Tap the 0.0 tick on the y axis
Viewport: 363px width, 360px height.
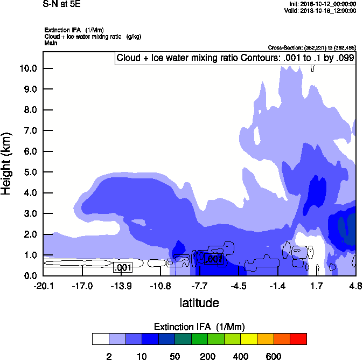click(28, 276)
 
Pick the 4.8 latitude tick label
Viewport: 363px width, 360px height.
click(355, 286)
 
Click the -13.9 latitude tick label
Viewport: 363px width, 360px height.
click(121, 286)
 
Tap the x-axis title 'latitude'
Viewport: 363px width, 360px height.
click(199, 303)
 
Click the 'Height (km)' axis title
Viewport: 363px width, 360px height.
click(7, 164)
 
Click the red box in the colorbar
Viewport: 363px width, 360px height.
click(298, 339)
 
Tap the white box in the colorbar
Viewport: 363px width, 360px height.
click(100, 339)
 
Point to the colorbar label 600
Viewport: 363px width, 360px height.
click(274, 356)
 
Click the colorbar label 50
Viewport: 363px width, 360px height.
click(174, 356)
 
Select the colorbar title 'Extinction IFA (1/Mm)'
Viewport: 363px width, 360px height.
click(199, 327)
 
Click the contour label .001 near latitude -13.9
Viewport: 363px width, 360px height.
click(123, 267)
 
